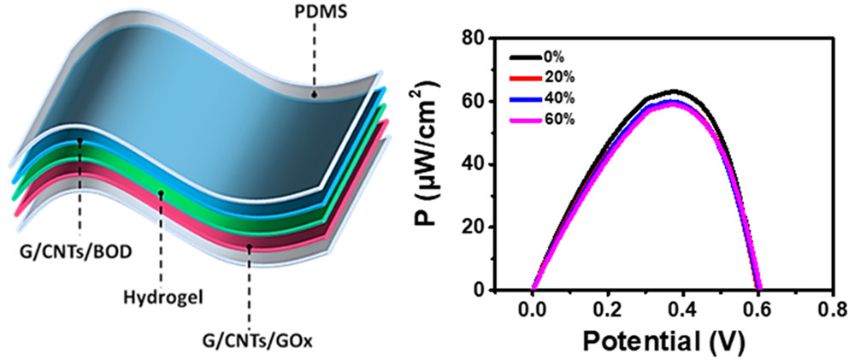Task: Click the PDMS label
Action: pos(315,15)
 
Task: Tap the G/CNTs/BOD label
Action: pos(80,252)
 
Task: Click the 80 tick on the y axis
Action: pos(475,38)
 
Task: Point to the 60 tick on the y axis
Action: pos(475,102)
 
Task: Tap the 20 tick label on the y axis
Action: pos(475,227)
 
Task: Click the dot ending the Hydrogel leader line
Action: pos(161,194)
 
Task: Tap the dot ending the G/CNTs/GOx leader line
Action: pos(250,247)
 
